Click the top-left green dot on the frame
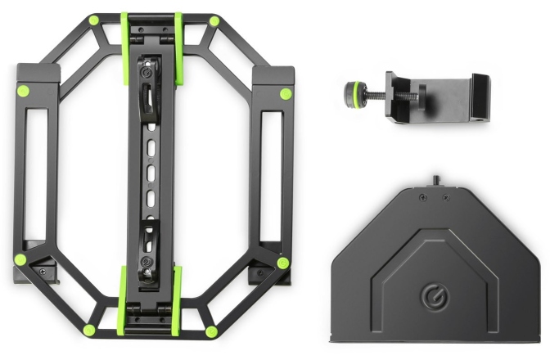(x=94, y=20)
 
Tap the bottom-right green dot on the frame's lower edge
(x=211, y=331)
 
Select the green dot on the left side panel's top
(x=22, y=91)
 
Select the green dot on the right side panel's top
(x=285, y=93)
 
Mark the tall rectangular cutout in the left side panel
(x=34, y=172)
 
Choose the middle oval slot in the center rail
(x=150, y=173)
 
